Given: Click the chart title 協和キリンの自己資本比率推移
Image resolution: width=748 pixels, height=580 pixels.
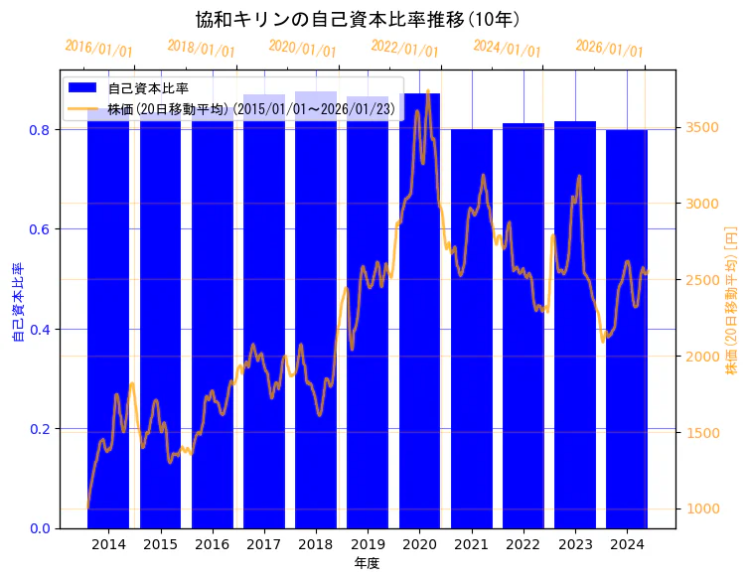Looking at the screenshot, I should coord(357,19).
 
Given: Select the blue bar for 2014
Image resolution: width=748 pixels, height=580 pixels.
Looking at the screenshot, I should coord(108,318).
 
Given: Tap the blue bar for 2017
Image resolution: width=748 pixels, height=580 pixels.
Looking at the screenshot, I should coord(264,318).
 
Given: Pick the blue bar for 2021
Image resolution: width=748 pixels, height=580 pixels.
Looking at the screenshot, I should coord(472,328).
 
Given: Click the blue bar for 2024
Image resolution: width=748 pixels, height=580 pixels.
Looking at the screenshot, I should coord(627,328).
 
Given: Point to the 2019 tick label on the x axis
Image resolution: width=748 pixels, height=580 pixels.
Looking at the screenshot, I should coord(368,544).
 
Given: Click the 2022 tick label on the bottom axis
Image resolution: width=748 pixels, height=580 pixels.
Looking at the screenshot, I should coord(524,544).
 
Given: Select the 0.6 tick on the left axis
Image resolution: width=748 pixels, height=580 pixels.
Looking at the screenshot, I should coord(39,229).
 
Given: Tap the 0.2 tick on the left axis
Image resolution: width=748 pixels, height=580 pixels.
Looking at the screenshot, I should coord(39,429).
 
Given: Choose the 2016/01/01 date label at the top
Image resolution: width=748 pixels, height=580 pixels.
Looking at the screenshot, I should coord(98,49).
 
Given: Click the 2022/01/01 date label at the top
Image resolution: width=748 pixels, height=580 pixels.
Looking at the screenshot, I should coord(404,48).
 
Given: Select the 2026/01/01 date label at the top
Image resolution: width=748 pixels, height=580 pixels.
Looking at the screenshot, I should coord(609,50).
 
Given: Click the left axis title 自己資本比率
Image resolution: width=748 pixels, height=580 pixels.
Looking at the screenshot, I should coord(17,303).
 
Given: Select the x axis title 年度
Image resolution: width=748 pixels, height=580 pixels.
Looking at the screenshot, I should coord(368,563).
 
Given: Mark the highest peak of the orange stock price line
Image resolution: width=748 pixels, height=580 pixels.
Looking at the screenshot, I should coord(428,91).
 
